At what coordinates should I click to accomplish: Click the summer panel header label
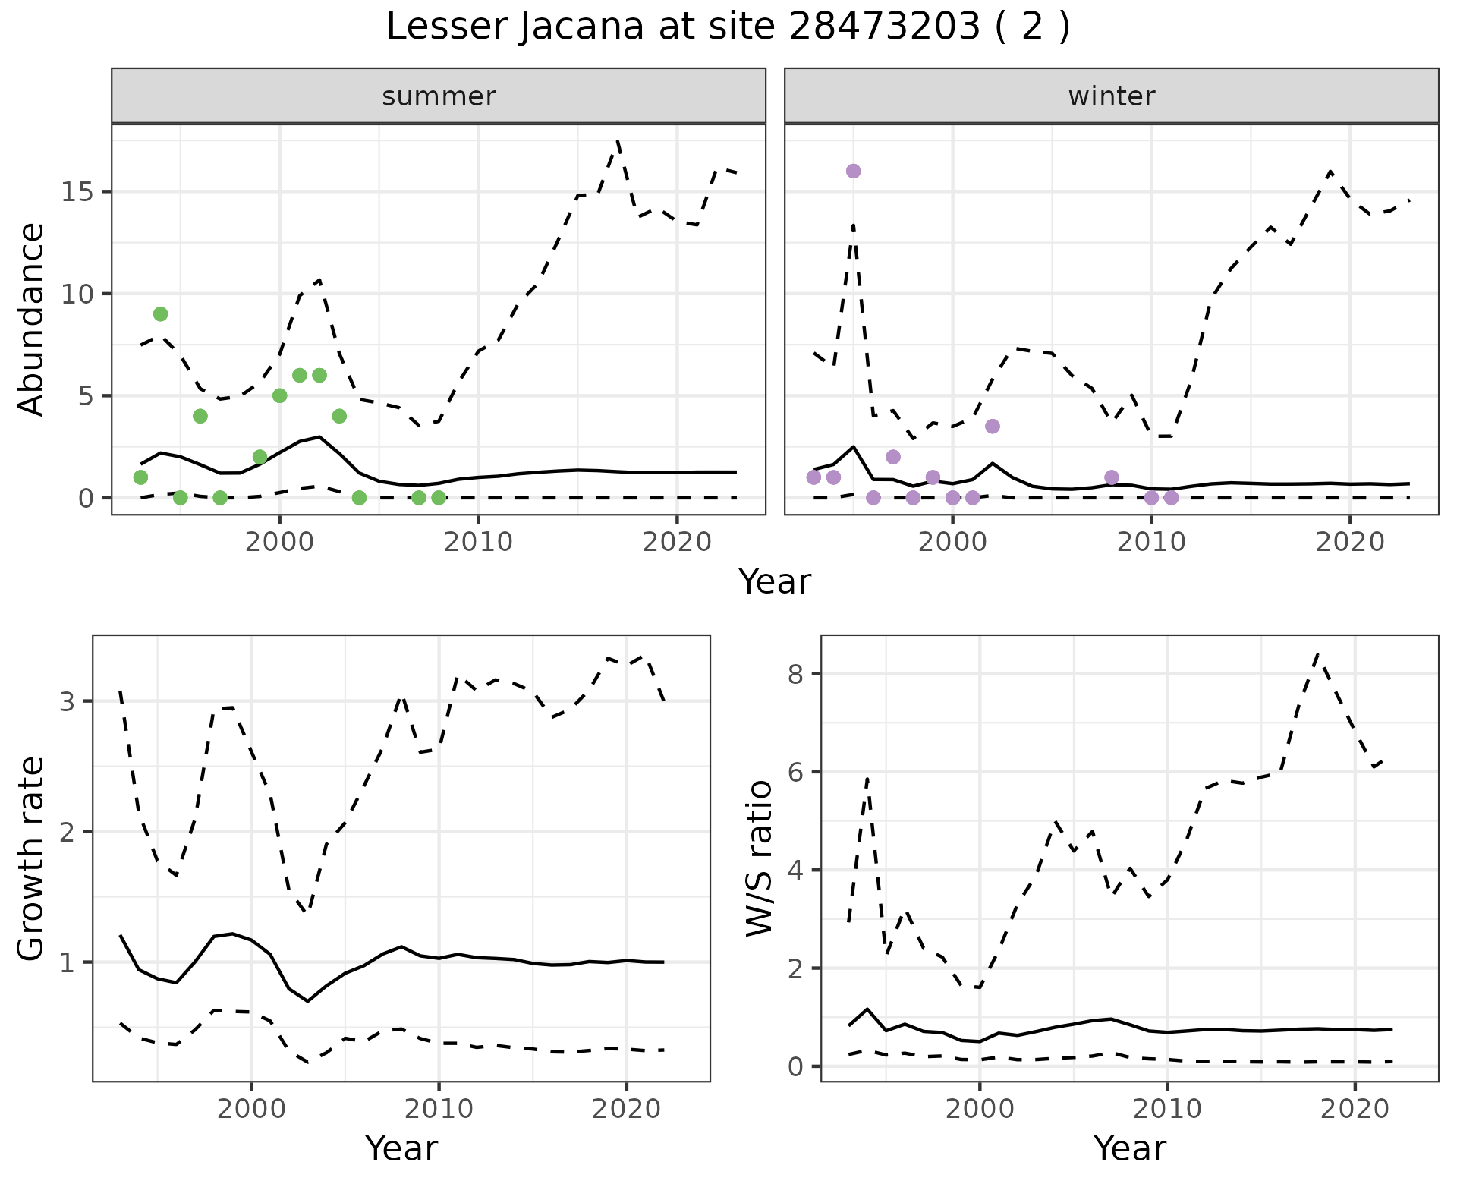pyautogui.click(x=439, y=96)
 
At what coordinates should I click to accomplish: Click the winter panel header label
pyautogui.click(x=1111, y=96)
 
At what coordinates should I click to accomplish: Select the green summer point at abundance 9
pyautogui.click(x=160, y=314)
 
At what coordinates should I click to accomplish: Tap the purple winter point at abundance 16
pyautogui.click(x=853, y=172)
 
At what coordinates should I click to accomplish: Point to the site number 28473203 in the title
pyautogui.click(x=885, y=27)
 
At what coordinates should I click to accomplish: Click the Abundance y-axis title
pyautogui.click(x=32, y=319)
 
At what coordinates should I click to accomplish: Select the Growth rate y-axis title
pyautogui.click(x=32, y=858)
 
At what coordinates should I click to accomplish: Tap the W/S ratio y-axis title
pyautogui.click(x=760, y=858)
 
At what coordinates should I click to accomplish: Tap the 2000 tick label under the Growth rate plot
pyautogui.click(x=251, y=1109)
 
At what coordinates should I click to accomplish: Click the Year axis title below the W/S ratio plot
pyautogui.click(x=1129, y=1149)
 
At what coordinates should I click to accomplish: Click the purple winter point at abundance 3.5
pyautogui.click(x=992, y=427)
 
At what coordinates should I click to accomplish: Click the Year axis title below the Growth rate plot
pyautogui.click(x=401, y=1149)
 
